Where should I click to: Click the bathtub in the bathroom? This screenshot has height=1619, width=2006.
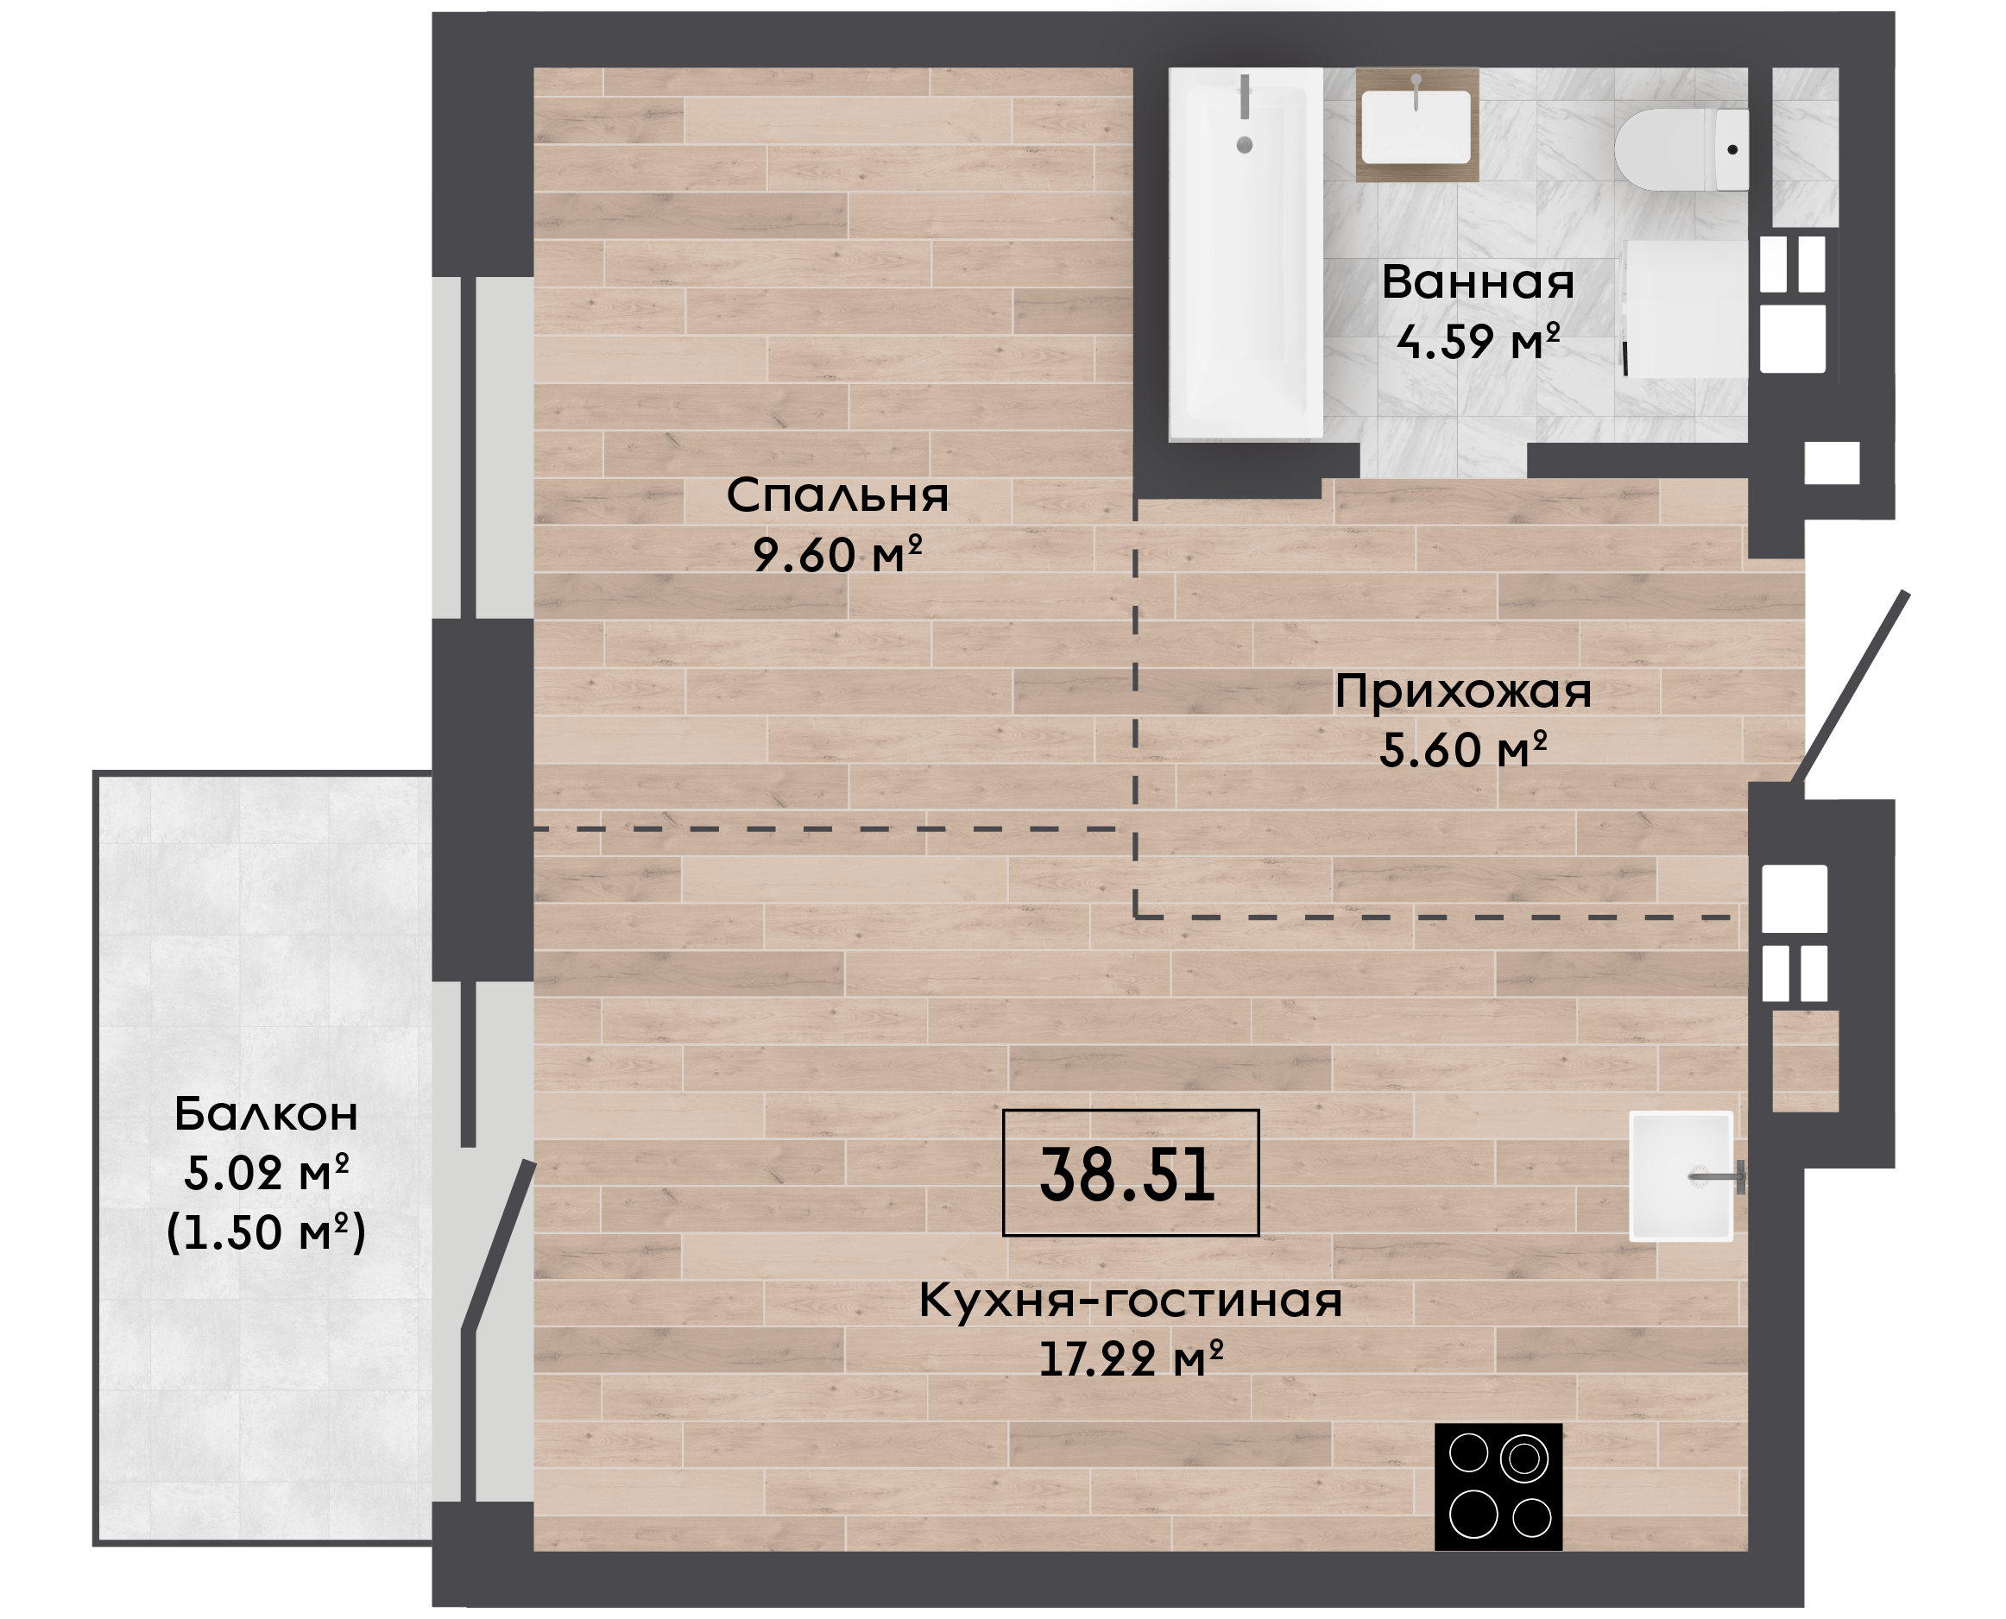pyautogui.click(x=1246, y=253)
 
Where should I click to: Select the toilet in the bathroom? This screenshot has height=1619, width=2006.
pyautogui.click(x=1682, y=150)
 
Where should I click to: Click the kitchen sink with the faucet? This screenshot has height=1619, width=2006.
pyautogui.click(x=1681, y=1176)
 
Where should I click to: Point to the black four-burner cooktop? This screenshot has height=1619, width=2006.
pyautogui.click(x=1498, y=1487)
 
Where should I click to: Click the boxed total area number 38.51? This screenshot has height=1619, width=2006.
pyautogui.click(x=1130, y=1173)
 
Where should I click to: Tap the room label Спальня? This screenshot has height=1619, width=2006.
pyautogui.click(x=837, y=495)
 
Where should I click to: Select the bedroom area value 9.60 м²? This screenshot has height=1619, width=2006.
pyautogui.click(x=837, y=554)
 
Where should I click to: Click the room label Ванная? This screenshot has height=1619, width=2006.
pyautogui.click(x=1478, y=281)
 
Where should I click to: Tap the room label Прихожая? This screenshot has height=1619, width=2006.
pyautogui.click(x=1463, y=691)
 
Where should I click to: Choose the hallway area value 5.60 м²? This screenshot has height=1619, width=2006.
pyautogui.click(x=1463, y=750)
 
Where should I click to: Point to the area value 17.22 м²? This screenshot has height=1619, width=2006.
pyautogui.click(x=1130, y=1358)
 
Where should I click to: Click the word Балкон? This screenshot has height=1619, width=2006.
pyautogui.click(x=266, y=1113)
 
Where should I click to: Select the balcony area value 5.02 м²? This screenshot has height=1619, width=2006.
pyautogui.click(x=266, y=1172)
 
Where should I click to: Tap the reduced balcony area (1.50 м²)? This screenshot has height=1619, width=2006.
pyautogui.click(x=266, y=1232)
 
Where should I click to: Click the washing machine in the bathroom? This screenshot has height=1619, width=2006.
pyautogui.click(x=1686, y=309)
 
